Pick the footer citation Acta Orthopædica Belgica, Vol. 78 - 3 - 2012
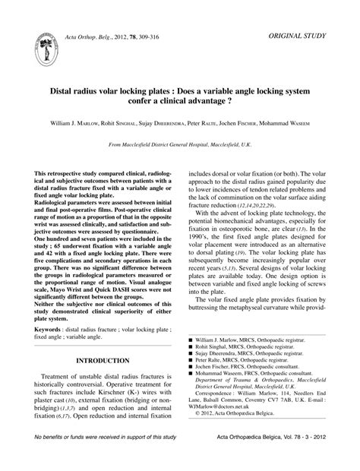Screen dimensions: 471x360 271,460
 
